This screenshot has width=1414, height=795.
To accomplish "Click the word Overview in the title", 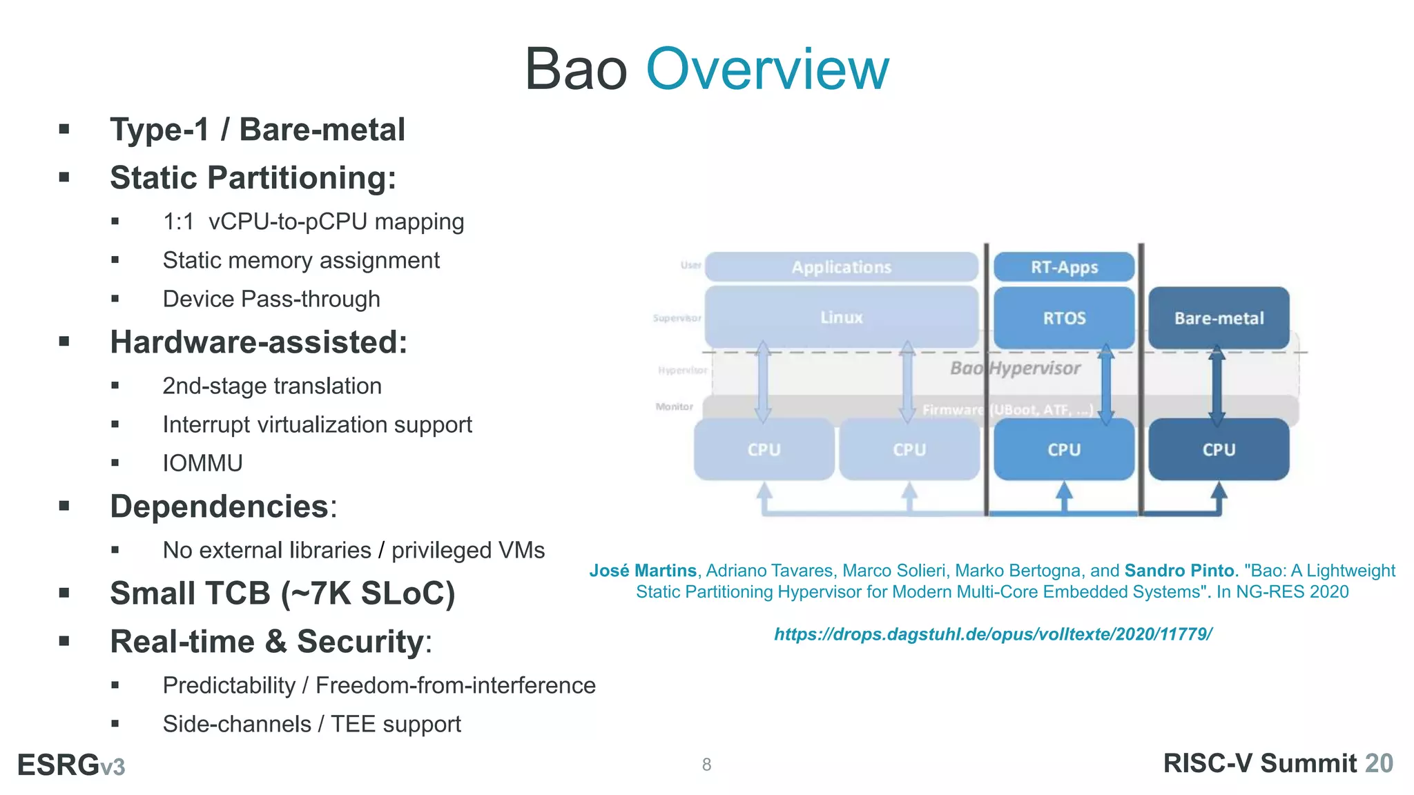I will point(767,69).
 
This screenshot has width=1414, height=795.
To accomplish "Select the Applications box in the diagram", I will point(841,267).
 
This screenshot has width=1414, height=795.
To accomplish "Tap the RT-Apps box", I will point(1064,267).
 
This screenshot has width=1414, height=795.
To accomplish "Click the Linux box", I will point(841,317).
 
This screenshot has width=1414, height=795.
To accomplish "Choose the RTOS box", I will point(1064,318).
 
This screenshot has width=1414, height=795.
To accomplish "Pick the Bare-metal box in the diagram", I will point(1219,318).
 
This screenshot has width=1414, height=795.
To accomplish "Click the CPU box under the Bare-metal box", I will point(1219,449).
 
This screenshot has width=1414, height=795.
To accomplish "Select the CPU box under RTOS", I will point(1064,449).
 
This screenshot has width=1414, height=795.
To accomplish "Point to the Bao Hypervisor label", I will point(1015,369).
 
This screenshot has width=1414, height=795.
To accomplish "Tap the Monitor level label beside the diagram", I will point(674,406).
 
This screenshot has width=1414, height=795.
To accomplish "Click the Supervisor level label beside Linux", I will point(677,318).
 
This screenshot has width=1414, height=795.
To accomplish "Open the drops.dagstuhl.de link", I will point(993,634).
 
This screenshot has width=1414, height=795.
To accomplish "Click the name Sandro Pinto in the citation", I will point(1179,571).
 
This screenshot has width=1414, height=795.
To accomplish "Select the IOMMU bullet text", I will point(202,463).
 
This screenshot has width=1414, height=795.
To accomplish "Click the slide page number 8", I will point(706,765).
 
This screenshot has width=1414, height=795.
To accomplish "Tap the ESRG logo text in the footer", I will point(70,765).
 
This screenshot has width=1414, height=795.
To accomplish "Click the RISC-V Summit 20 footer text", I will point(1278,763).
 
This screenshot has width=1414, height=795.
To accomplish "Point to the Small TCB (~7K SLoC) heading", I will point(282,593).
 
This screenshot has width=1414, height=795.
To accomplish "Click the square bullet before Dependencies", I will point(65,506).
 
